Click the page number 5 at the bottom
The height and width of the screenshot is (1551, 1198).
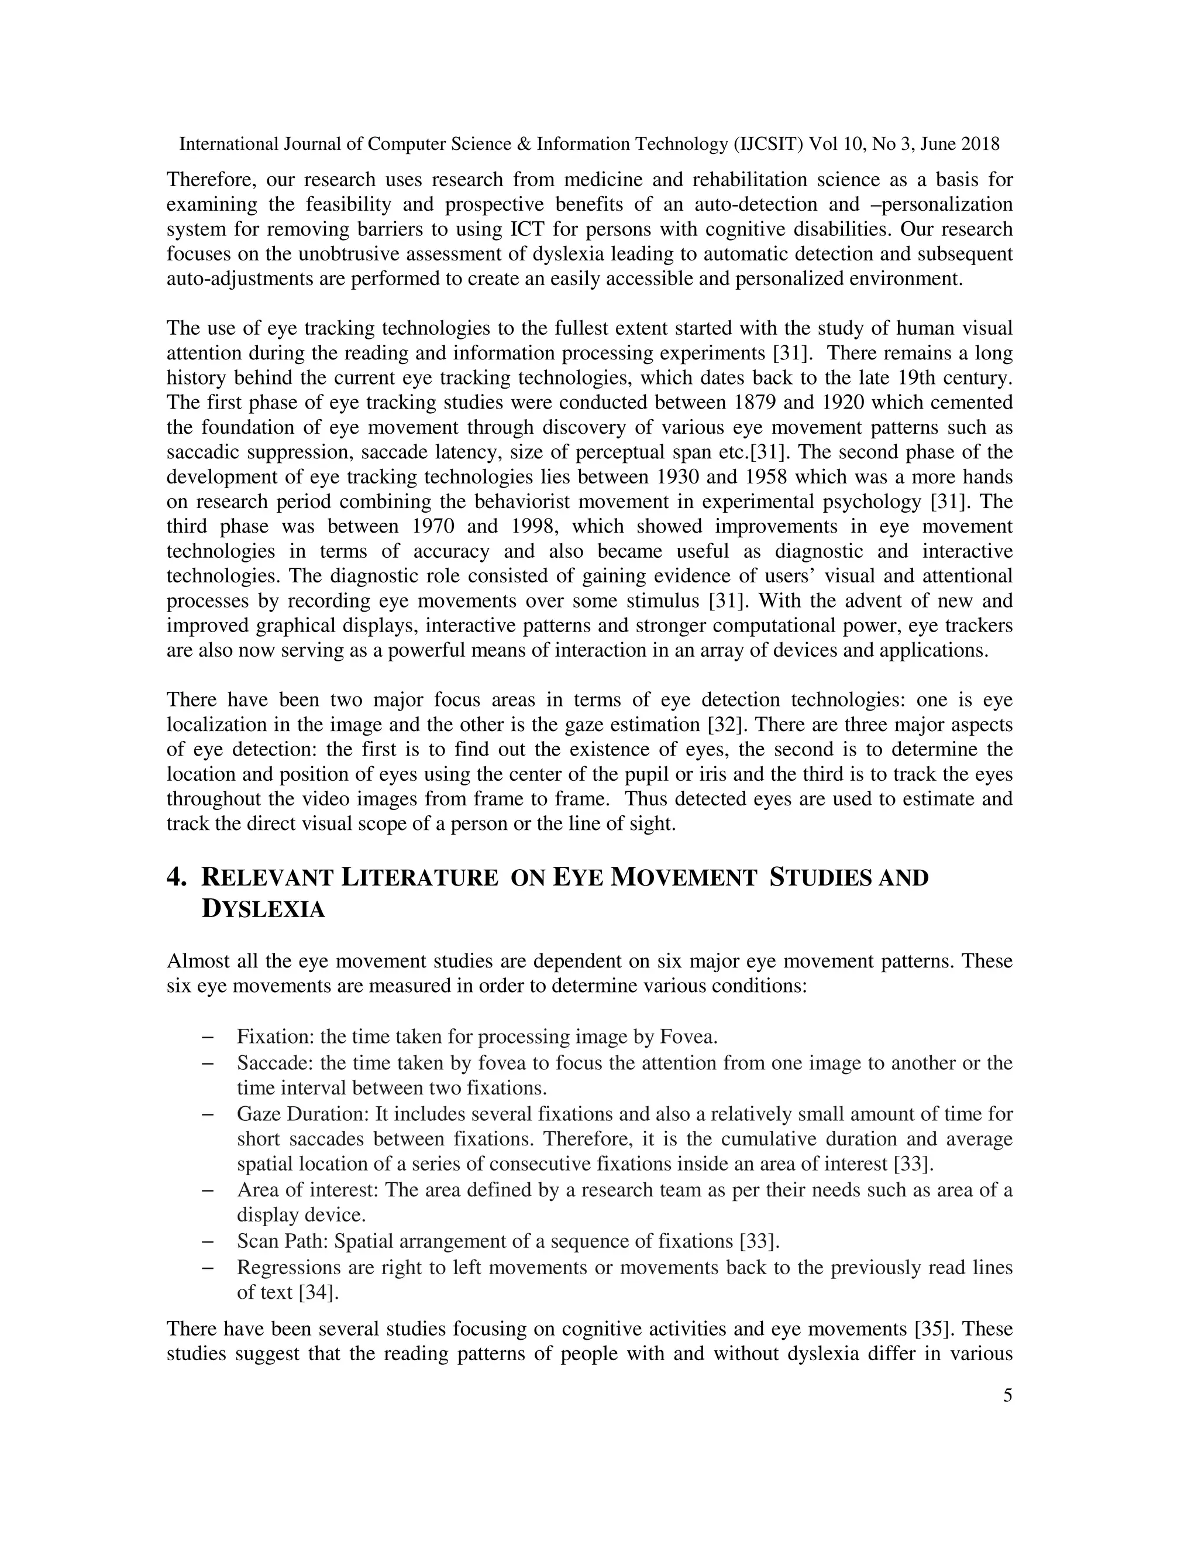tap(1008, 1396)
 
